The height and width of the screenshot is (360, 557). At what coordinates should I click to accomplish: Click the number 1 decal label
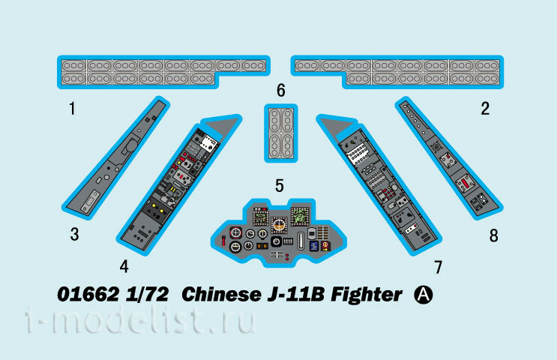[x=73, y=109]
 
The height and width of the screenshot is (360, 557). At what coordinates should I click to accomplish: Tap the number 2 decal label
[x=485, y=108]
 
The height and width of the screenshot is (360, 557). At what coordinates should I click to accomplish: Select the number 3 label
[x=74, y=234]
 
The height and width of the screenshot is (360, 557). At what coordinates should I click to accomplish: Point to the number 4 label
[x=124, y=266]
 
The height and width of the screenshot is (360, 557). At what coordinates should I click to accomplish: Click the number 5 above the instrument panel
[x=280, y=185]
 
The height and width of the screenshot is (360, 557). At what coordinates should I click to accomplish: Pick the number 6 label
[x=280, y=90]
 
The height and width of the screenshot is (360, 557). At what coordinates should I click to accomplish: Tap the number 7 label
[x=438, y=267]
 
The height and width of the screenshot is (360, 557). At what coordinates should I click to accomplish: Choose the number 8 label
[x=493, y=235]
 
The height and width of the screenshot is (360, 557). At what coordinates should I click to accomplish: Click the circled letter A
[x=424, y=295]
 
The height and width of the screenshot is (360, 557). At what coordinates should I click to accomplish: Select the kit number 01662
[x=88, y=295]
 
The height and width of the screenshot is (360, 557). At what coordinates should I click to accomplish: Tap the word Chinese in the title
[x=222, y=295]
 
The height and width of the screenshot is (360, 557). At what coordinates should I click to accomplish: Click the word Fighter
[x=367, y=295]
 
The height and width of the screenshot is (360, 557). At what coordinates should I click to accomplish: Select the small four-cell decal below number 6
[x=280, y=133]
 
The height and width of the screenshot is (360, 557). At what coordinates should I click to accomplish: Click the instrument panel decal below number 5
[x=279, y=232]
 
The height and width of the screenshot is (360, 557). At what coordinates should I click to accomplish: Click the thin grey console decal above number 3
[x=115, y=157]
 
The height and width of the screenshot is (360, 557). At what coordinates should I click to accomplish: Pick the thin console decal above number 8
[x=449, y=157]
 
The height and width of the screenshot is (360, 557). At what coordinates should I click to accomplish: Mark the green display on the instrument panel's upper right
[x=300, y=216]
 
